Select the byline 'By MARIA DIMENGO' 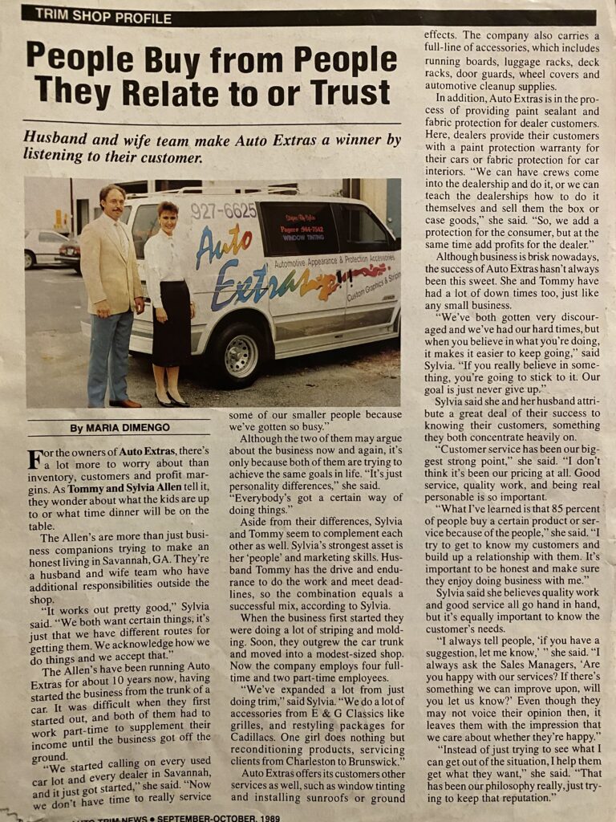coord(119,428)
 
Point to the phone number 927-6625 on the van coord(224,211)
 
